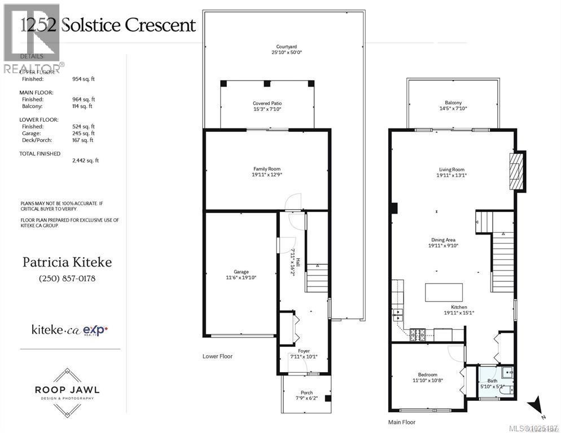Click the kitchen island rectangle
[444, 293]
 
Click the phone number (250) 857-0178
[67, 279]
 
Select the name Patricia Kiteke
[67, 262]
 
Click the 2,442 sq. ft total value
[85, 160]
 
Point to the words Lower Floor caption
[217, 356]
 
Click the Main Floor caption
[402, 422]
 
